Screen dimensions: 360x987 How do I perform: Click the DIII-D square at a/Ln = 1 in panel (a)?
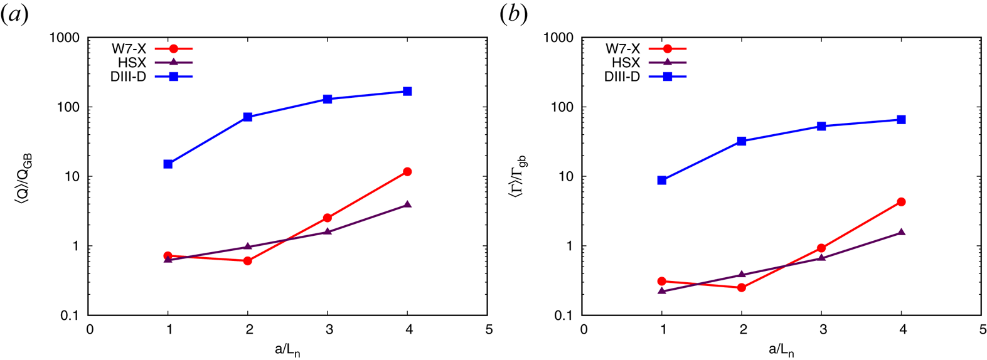(168, 164)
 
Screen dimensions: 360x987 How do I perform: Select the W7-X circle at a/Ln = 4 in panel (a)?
(407, 172)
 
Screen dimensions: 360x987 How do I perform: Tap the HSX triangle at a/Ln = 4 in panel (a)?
(407, 204)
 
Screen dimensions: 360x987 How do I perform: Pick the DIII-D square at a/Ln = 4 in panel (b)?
(901, 120)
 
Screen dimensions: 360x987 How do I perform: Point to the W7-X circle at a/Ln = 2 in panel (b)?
(742, 287)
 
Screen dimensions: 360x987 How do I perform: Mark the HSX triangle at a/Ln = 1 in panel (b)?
(662, 291)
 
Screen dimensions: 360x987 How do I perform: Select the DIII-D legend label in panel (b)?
(622, 77)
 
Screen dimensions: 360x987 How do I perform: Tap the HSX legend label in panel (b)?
(626, 63)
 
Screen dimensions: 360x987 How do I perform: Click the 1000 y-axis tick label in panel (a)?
(65, 38)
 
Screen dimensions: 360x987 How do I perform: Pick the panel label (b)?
(513, 14)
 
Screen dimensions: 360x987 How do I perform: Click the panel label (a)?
(15, 14)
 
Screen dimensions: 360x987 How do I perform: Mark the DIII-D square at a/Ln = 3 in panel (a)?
(328, 99)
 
